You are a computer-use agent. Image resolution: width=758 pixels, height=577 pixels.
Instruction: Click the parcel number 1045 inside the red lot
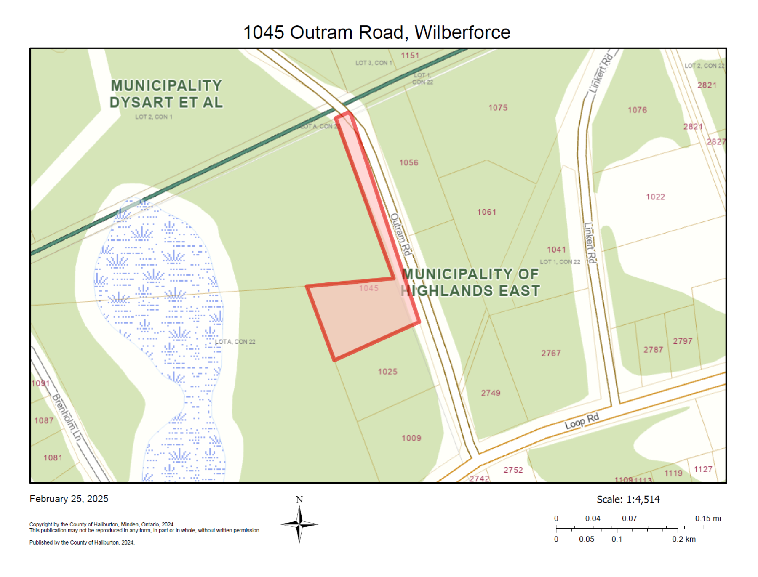pyautogui.click(x=368, y=288)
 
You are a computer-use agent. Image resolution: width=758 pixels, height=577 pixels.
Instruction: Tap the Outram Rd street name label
pyautogui.click(x=400, y=234)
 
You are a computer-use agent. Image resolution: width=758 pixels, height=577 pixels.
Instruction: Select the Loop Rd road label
pyautogui.click(x=582, y=421)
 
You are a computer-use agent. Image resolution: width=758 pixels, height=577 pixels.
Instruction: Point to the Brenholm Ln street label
pyautogui.click(x=67, y=417)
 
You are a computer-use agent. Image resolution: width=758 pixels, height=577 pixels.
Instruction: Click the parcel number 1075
pyautogui.click(x=498, y=108)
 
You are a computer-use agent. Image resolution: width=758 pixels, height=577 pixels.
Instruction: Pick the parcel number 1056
pyautogui.click(x=408, y=163)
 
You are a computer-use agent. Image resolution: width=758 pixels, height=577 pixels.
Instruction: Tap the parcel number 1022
pyautogui.click(x=655, y=197)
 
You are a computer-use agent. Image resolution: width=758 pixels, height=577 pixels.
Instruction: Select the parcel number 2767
pyautogui.click(x=551, y=354)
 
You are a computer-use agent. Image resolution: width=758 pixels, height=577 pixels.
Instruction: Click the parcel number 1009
pyautogui.click(x=411, y=439)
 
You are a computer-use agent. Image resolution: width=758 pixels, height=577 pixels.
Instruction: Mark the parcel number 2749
pyautogui.click(x=491, y=393)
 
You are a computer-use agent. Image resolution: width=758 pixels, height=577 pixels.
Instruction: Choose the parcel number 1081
pyautogui.click(x=53, y=458)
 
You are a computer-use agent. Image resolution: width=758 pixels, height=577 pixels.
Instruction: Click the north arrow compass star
pyautogui.click(x=299, y=524)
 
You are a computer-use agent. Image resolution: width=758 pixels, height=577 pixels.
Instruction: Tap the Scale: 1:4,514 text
pyautogui.click(x=628, y=500)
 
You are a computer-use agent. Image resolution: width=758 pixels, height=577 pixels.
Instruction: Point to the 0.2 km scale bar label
pyautogui.click(x=683, y=540)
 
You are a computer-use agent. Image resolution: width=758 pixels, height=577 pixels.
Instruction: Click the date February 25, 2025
pyautogui.click(x=69, y=499)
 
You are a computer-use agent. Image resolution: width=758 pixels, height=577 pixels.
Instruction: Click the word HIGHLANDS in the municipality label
pyautogui.click(x=447, y=291)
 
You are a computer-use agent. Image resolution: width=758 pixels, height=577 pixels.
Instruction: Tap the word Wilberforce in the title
pyautogui.click(x=462, y=32)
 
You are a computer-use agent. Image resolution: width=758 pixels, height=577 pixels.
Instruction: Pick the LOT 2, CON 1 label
pyautogui.click(x=153, y=117)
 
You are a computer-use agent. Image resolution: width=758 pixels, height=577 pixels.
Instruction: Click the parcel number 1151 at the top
pyautogui.click(x=410, y=56)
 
